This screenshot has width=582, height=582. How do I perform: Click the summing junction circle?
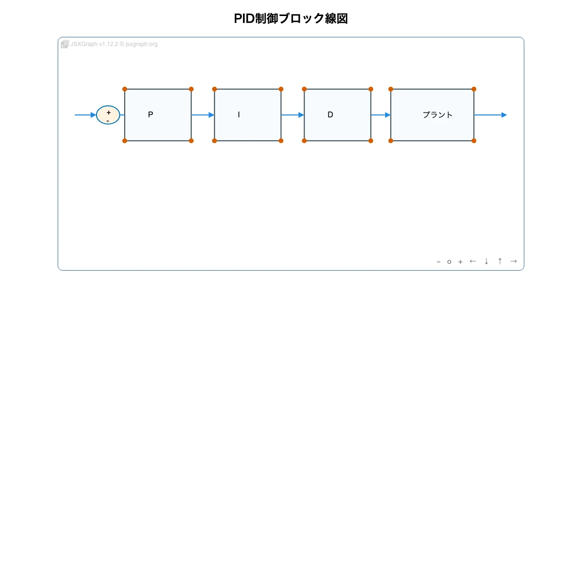108,115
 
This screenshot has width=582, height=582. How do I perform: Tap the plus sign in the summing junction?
109,113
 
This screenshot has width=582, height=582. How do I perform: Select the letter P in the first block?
150,115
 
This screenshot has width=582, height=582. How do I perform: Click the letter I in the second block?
239,115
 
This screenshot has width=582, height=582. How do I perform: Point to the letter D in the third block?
330,115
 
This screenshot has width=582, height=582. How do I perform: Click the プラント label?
437,115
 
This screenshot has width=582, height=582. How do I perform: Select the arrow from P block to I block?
203,115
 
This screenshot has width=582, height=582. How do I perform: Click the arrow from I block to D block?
292,115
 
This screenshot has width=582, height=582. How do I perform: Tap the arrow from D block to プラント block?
381,115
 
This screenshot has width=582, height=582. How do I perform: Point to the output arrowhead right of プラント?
504,115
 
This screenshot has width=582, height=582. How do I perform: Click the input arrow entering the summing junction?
85,115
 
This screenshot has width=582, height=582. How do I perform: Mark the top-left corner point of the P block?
125,89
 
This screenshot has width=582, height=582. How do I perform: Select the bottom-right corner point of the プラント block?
474,141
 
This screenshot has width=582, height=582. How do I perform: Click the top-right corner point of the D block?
371,89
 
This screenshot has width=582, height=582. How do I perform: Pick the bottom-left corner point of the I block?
214,141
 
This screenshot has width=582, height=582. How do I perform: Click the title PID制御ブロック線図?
291,18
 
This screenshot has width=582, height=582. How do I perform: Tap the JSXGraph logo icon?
65,44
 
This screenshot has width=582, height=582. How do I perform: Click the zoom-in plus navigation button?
460,262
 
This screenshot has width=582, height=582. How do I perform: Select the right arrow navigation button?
514,261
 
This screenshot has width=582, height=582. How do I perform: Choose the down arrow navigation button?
486,261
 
